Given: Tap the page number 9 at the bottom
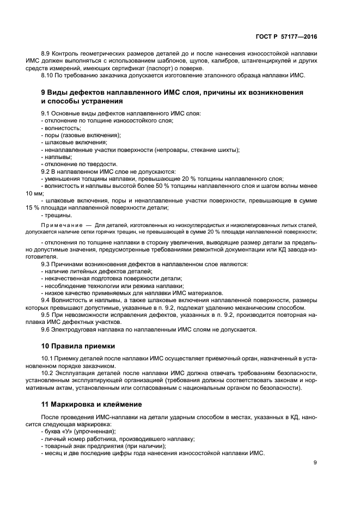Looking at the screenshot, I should pyautogui.click(x=315, y=463).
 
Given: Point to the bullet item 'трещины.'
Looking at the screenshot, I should pyautogui.click(x=57, y=214).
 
